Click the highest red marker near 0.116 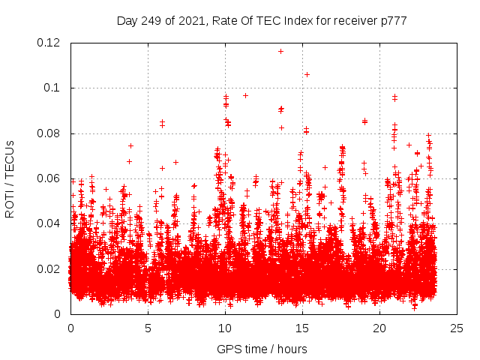click(x=280, y=51)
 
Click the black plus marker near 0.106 click(x=307, y=74)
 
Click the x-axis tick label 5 click(x=148, y=328)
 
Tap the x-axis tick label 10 click(x=225, y=328)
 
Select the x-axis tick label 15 click(x=302, y=328)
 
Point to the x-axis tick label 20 click(x=379, y=328)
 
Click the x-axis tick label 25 click(x=457, y=328)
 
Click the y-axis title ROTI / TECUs click(x=10, y=178)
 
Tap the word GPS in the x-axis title click(x=228, y=349)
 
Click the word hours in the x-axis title click(x=291, y=349)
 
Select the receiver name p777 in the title click(x=393, y=20)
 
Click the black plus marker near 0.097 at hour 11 click(x=245, y=95)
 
